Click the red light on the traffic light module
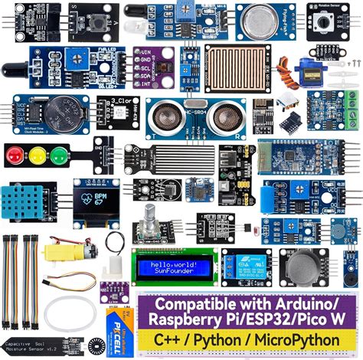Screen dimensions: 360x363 click(x=14, y=155)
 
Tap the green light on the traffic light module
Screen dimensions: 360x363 click(x=52, y=155)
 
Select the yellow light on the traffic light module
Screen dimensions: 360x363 click(x=33, y=155)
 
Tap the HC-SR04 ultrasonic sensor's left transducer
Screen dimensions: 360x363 click(x=161, y=116)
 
